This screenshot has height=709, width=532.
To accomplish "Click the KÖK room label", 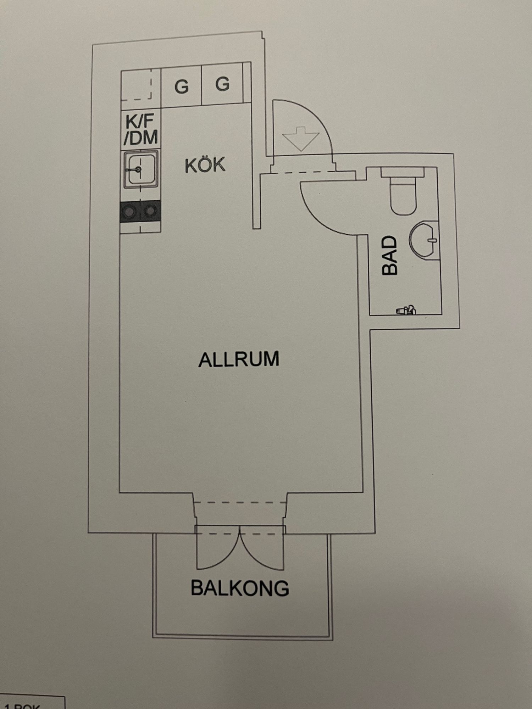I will tap(205, 165).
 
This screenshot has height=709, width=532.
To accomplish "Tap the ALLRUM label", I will tap(239, 359).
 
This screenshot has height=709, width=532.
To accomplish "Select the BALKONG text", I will tap(240, 588).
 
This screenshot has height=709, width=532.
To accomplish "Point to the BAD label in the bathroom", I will tap(389, 256).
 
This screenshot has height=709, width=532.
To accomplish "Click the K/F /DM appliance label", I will tap(141, 130).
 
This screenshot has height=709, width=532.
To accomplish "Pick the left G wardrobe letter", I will tap(181, 86).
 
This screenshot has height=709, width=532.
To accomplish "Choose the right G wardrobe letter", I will tap(222, 84).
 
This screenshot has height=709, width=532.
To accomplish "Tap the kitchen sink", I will tap(140, 169).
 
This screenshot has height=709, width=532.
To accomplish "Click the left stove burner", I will tap(129, 212).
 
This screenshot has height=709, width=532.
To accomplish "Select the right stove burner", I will tap(151, 211).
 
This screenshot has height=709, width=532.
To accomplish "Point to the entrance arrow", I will tap(301, 138).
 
